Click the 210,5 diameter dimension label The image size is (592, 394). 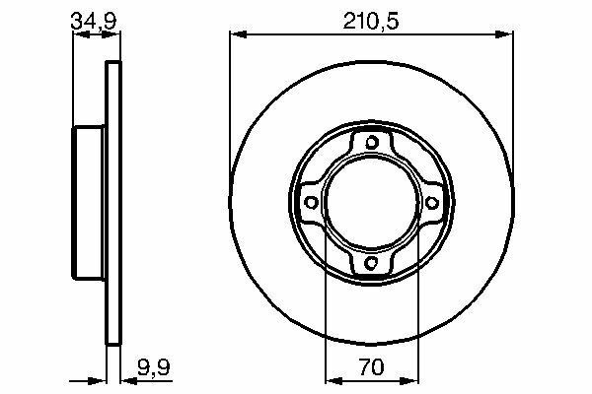pos(371,21)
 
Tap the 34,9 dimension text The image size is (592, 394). pos(94,21)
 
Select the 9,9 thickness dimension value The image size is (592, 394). pos(154,367)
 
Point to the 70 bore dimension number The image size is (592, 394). pos(372,366)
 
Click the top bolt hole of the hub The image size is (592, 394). pos(372,142)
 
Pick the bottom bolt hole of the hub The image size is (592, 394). pos(372,262)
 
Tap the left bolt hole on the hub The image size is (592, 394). pos(311,203)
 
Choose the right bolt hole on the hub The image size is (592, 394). pos(432,203)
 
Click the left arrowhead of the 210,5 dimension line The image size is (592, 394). pos(238,34)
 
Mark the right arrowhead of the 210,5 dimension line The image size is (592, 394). pos(504,34)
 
